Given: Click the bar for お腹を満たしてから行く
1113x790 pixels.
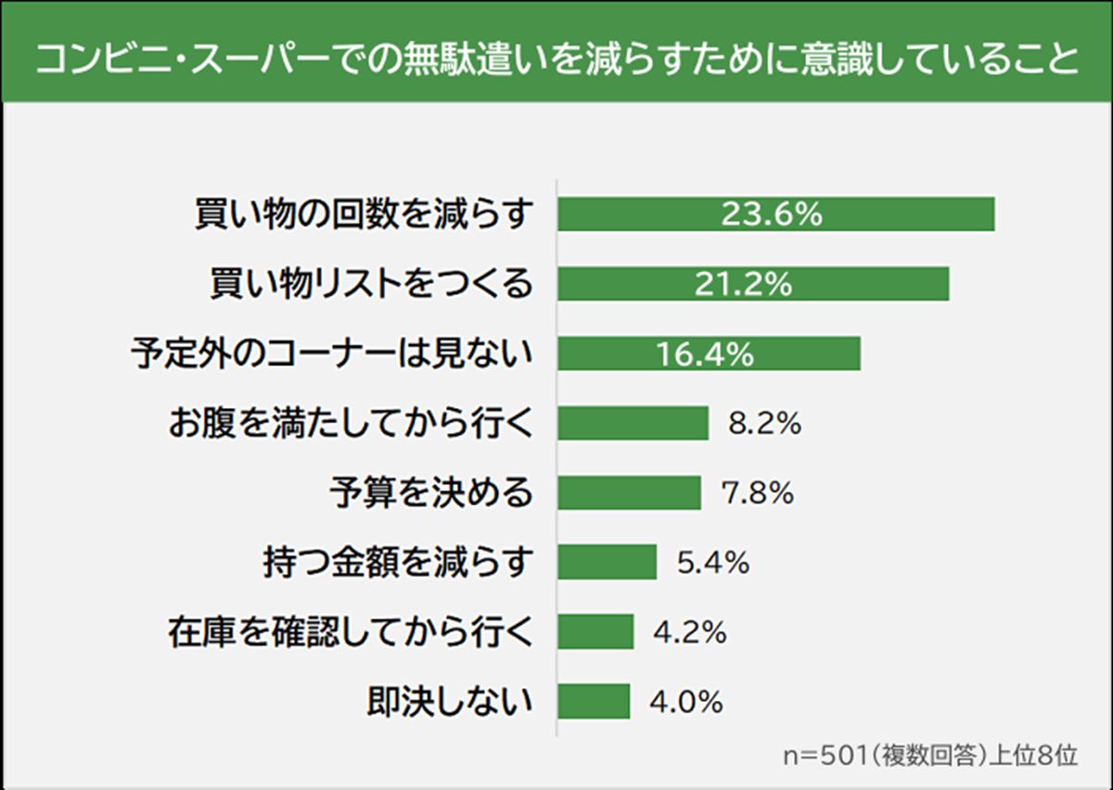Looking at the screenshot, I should (633, 424).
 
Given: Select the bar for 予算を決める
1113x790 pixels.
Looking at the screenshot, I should (629, 493).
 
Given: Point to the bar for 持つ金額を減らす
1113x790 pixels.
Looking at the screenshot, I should (607, 562).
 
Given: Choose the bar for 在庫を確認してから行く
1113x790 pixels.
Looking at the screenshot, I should (595, 632).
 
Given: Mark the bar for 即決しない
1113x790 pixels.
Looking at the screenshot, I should (594, 701).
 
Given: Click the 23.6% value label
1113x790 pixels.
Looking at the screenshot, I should (772, 214).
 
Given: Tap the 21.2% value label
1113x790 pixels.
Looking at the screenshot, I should (743, 284).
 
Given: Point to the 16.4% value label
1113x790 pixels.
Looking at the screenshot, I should (705, 353).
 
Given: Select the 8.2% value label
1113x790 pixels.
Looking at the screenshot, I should (762, 424).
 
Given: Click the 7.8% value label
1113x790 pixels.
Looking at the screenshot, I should (756, 493).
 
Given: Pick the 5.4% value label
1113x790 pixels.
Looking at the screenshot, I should (711, 562).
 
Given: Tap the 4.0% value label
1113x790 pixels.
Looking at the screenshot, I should (685, 701).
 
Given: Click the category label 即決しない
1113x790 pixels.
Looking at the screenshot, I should (451, 701).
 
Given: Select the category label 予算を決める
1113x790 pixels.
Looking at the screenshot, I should (432, 493).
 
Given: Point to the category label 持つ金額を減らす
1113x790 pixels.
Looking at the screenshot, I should (399, 562).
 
